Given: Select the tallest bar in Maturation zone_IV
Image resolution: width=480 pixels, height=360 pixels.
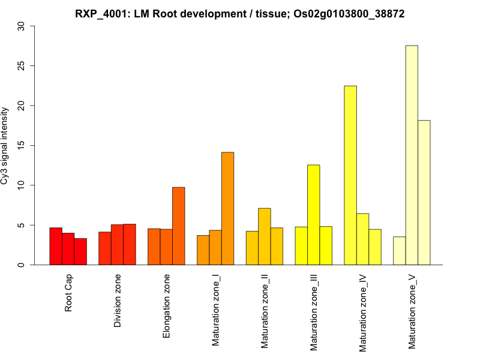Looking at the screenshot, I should pos(350,175).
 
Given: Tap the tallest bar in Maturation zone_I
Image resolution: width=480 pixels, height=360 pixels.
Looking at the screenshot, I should pos(227,208).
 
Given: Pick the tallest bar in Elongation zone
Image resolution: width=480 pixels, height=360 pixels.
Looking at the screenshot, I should pos(178,226).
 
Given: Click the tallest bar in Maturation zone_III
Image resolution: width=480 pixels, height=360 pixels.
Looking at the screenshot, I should pos(313,215).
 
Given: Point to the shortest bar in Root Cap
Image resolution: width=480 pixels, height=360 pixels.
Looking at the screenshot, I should pos(80,251).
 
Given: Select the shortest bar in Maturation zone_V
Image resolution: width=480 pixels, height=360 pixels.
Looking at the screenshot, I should pos(399,251).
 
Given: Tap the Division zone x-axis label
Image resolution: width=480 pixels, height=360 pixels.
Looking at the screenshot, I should pos(118,301).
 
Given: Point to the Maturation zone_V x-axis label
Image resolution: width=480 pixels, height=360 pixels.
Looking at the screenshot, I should pos(412,311).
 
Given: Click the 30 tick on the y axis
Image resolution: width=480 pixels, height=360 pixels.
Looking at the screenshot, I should pos(22,26).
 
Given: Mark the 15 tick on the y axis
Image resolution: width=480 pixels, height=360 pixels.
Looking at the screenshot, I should pos(22,146).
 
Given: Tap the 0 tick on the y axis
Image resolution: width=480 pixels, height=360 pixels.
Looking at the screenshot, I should pos(22,265).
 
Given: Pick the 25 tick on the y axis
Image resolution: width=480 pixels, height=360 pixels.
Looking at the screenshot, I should pos(22,66).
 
